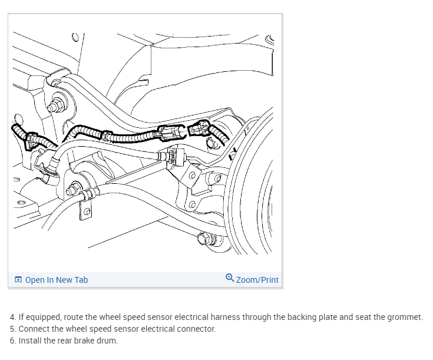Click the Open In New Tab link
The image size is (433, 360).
coord(56,280)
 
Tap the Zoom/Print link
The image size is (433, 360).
coord(257,280)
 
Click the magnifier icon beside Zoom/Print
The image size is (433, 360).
coord(230,279)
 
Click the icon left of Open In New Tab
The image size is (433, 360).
coord(18,280)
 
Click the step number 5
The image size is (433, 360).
coord(12,329)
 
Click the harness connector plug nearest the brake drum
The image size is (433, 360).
coord(201,127)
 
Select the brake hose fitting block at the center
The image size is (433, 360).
coord(175,157)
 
